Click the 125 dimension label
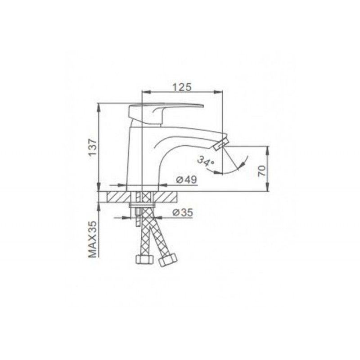pyautogui.click(x=182, y=87)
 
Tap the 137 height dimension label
pyautogui.click(x=93, y=148)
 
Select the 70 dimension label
pyautogui.click(x=262, y=171)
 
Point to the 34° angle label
pyautogui.click(x=206, y=161)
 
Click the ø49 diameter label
pyautogui.click(x=186, y=180)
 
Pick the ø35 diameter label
pyautogui.click(x=183, y=213)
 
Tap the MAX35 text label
pyautogui.click(x=92, y=239)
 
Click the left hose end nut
pyautogui.click(x=144, y=260)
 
